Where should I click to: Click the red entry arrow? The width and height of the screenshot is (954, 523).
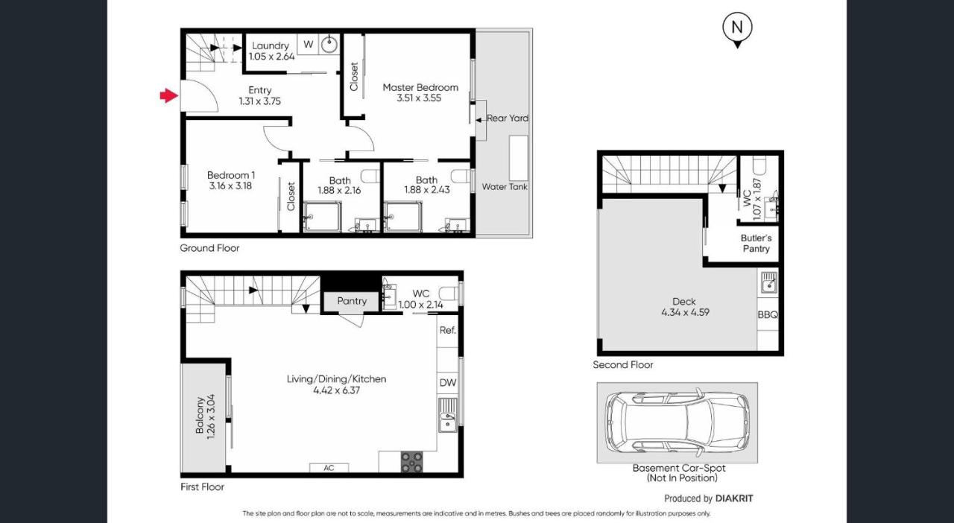(169, 95)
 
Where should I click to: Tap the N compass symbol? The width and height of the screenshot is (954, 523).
(737, 28)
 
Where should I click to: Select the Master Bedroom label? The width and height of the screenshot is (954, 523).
(420, 87)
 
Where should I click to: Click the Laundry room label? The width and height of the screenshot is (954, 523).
(271, 46)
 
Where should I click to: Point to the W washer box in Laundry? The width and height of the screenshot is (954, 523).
(308, 44)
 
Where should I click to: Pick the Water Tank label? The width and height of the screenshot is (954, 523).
(505, 187)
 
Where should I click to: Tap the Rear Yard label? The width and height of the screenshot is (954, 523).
(508, 118)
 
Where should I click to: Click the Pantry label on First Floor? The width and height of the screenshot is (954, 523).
(352, 301)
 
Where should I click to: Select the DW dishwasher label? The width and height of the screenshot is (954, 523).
(448, 383)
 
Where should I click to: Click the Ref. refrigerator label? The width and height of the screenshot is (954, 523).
(448, 330)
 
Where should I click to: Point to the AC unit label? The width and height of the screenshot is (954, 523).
(329, 468)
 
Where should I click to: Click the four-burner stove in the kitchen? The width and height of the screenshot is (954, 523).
(411, 463)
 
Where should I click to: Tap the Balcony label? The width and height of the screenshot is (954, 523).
(200, 415)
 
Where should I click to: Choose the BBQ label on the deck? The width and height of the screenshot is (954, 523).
(768, 315)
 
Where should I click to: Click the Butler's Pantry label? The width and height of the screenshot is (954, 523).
(756, 244)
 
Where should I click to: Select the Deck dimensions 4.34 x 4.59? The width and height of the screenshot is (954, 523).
(684, 313)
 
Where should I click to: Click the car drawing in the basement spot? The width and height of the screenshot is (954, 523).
(677, 422)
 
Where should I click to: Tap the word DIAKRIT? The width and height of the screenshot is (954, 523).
(739, 498)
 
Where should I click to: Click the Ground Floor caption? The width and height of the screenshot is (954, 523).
(209, 248)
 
